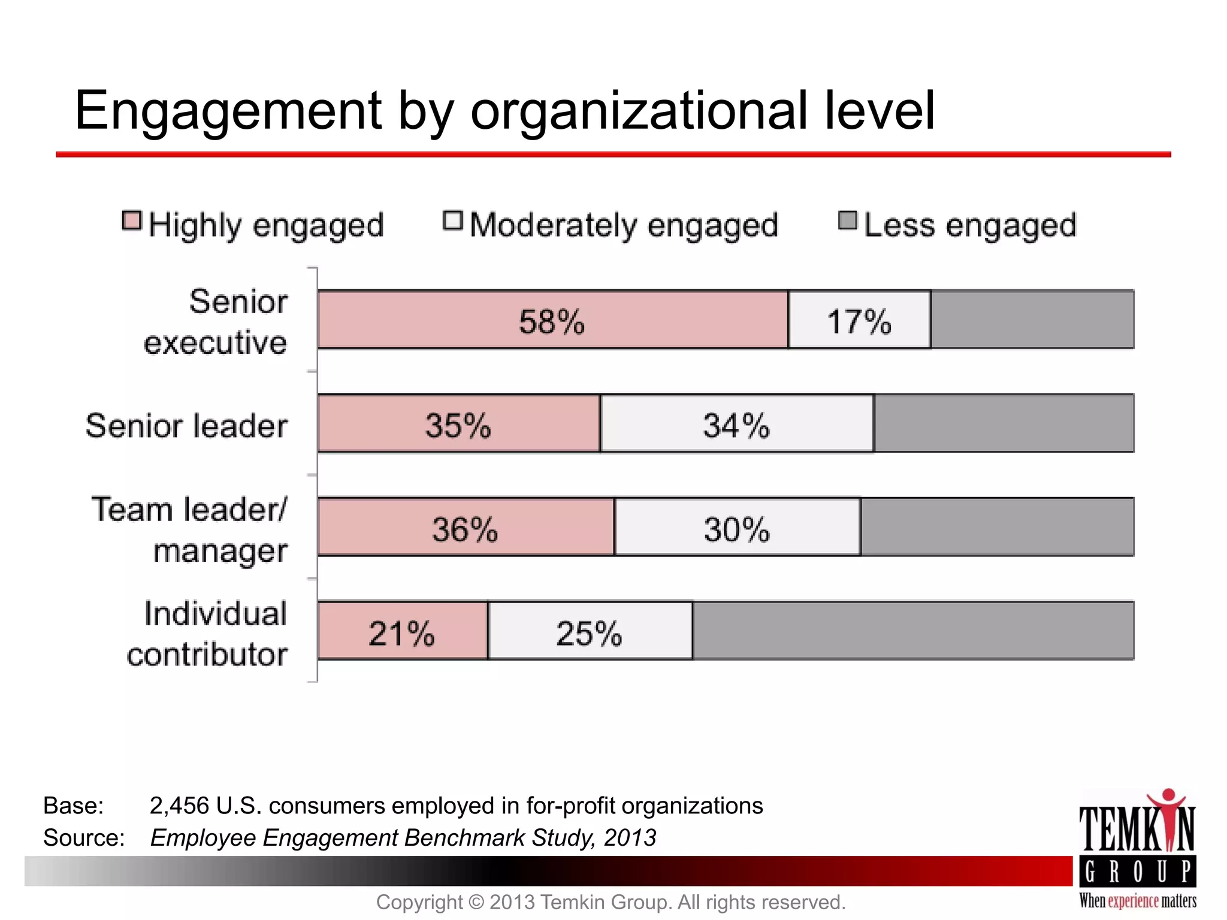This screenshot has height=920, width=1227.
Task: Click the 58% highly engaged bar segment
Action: click(552, 320)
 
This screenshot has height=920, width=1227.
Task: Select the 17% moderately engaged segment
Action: click(859, 320)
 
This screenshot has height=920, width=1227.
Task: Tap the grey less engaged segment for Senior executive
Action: click(1032, 320)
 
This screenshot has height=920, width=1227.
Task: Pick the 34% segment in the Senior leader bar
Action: click(737, 423)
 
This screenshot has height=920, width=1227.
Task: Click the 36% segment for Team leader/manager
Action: click(466, 528)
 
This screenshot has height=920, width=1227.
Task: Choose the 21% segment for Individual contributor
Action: click(402, 631)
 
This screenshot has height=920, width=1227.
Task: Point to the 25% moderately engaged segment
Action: click(590, 631)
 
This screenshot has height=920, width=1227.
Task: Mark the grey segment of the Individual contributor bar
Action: click(912, 631)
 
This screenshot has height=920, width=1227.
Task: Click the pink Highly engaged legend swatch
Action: click(132, 220)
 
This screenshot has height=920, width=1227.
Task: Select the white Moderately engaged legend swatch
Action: click(453, 220)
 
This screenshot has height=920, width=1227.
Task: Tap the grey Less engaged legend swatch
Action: click(847, 220)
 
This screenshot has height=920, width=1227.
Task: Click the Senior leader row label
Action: click(186, 426)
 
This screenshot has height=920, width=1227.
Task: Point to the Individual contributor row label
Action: click(208, 634)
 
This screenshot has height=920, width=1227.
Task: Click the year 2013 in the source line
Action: click(630, 837)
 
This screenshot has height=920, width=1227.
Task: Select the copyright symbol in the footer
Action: click(476, 902)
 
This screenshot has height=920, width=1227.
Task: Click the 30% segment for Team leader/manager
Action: click(737, 528)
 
